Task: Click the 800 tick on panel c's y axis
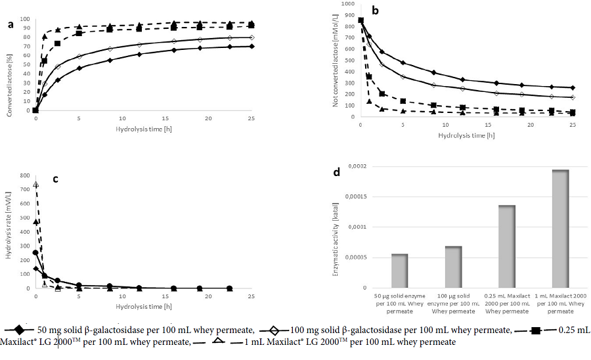25,175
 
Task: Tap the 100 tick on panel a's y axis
26,11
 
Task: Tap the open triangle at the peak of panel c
35,185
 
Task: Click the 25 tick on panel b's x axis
573,125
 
